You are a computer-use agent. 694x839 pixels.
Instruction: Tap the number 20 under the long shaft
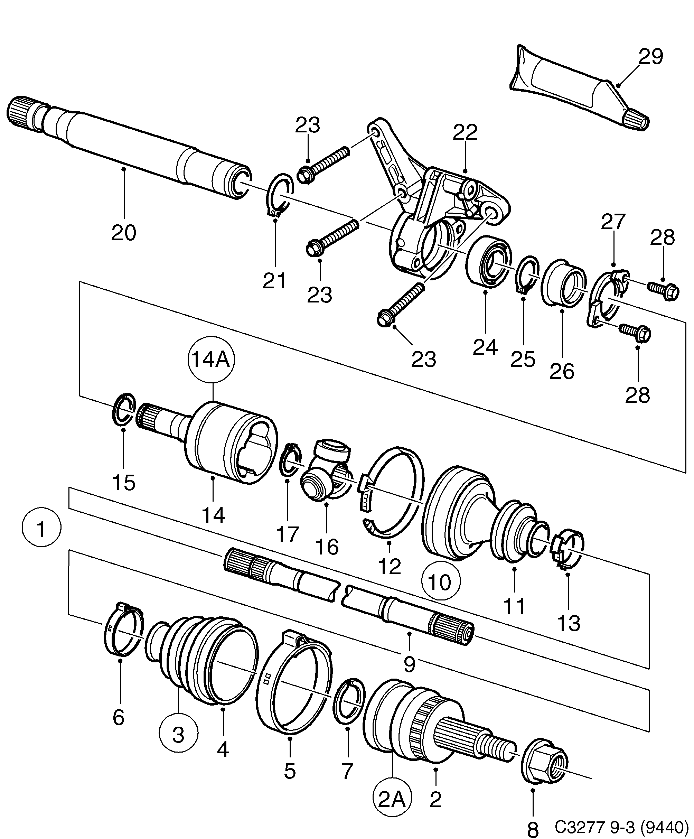point(123,233)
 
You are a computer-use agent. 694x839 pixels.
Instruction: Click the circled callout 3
point(178,734)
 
